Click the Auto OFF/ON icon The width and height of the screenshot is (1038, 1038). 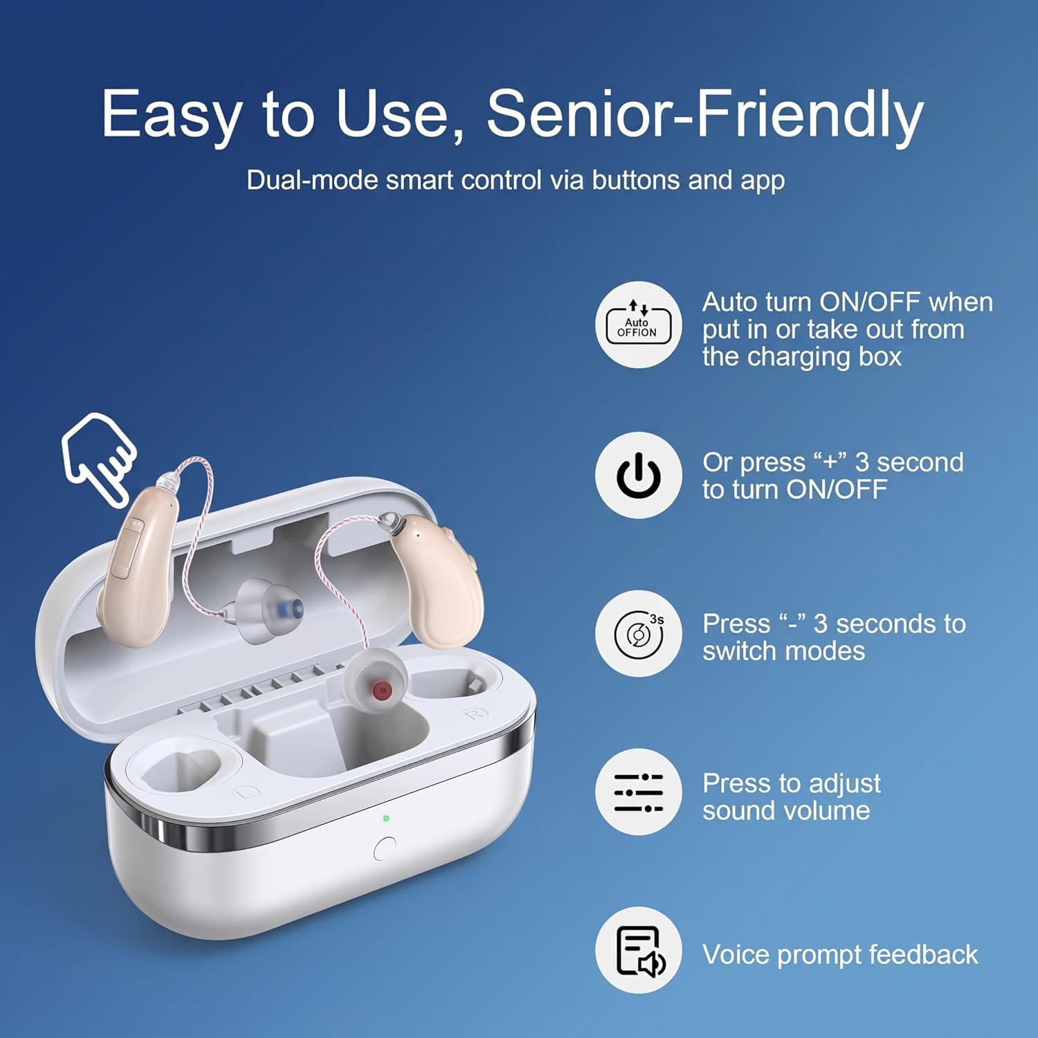(638, 325)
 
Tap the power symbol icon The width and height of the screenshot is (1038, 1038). (638, 475)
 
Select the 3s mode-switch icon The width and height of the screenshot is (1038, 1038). (638, 633)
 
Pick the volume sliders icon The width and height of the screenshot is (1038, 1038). (638, 792)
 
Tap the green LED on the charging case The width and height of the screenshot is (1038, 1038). (386, 819)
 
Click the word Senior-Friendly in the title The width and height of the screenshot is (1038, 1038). (705, 113)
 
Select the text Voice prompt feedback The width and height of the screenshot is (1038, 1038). (840, 955)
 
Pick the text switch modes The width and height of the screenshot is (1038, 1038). (783, 651)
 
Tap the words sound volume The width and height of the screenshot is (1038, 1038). (786, 810)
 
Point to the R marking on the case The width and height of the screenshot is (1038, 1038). (475, 713)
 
